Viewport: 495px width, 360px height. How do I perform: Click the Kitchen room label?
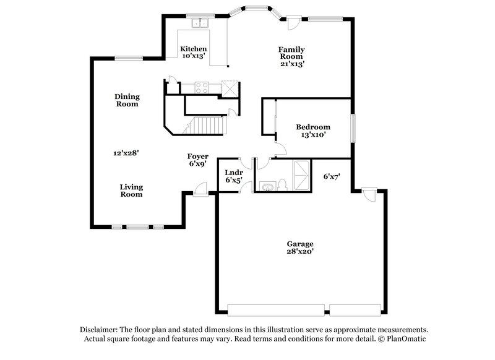point(193,49)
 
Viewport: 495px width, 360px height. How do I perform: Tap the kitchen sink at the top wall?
point(200,24)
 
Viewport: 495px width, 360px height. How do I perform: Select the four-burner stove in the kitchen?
point(202,87)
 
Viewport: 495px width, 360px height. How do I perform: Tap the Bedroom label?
point(312,127)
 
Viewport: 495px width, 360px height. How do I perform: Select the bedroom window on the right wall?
point(353,127)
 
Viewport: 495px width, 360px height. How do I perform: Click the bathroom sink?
point(267,187)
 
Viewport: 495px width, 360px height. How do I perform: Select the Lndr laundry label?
point(233,172)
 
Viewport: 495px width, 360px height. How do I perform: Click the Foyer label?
point(198,156)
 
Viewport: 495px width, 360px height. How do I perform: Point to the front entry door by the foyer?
point(200,190)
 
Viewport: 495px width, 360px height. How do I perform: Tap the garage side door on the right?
point(369,194)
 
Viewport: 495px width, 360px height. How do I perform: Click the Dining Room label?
point(127,100)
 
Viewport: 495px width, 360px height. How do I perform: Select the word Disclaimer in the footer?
point(101,330)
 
